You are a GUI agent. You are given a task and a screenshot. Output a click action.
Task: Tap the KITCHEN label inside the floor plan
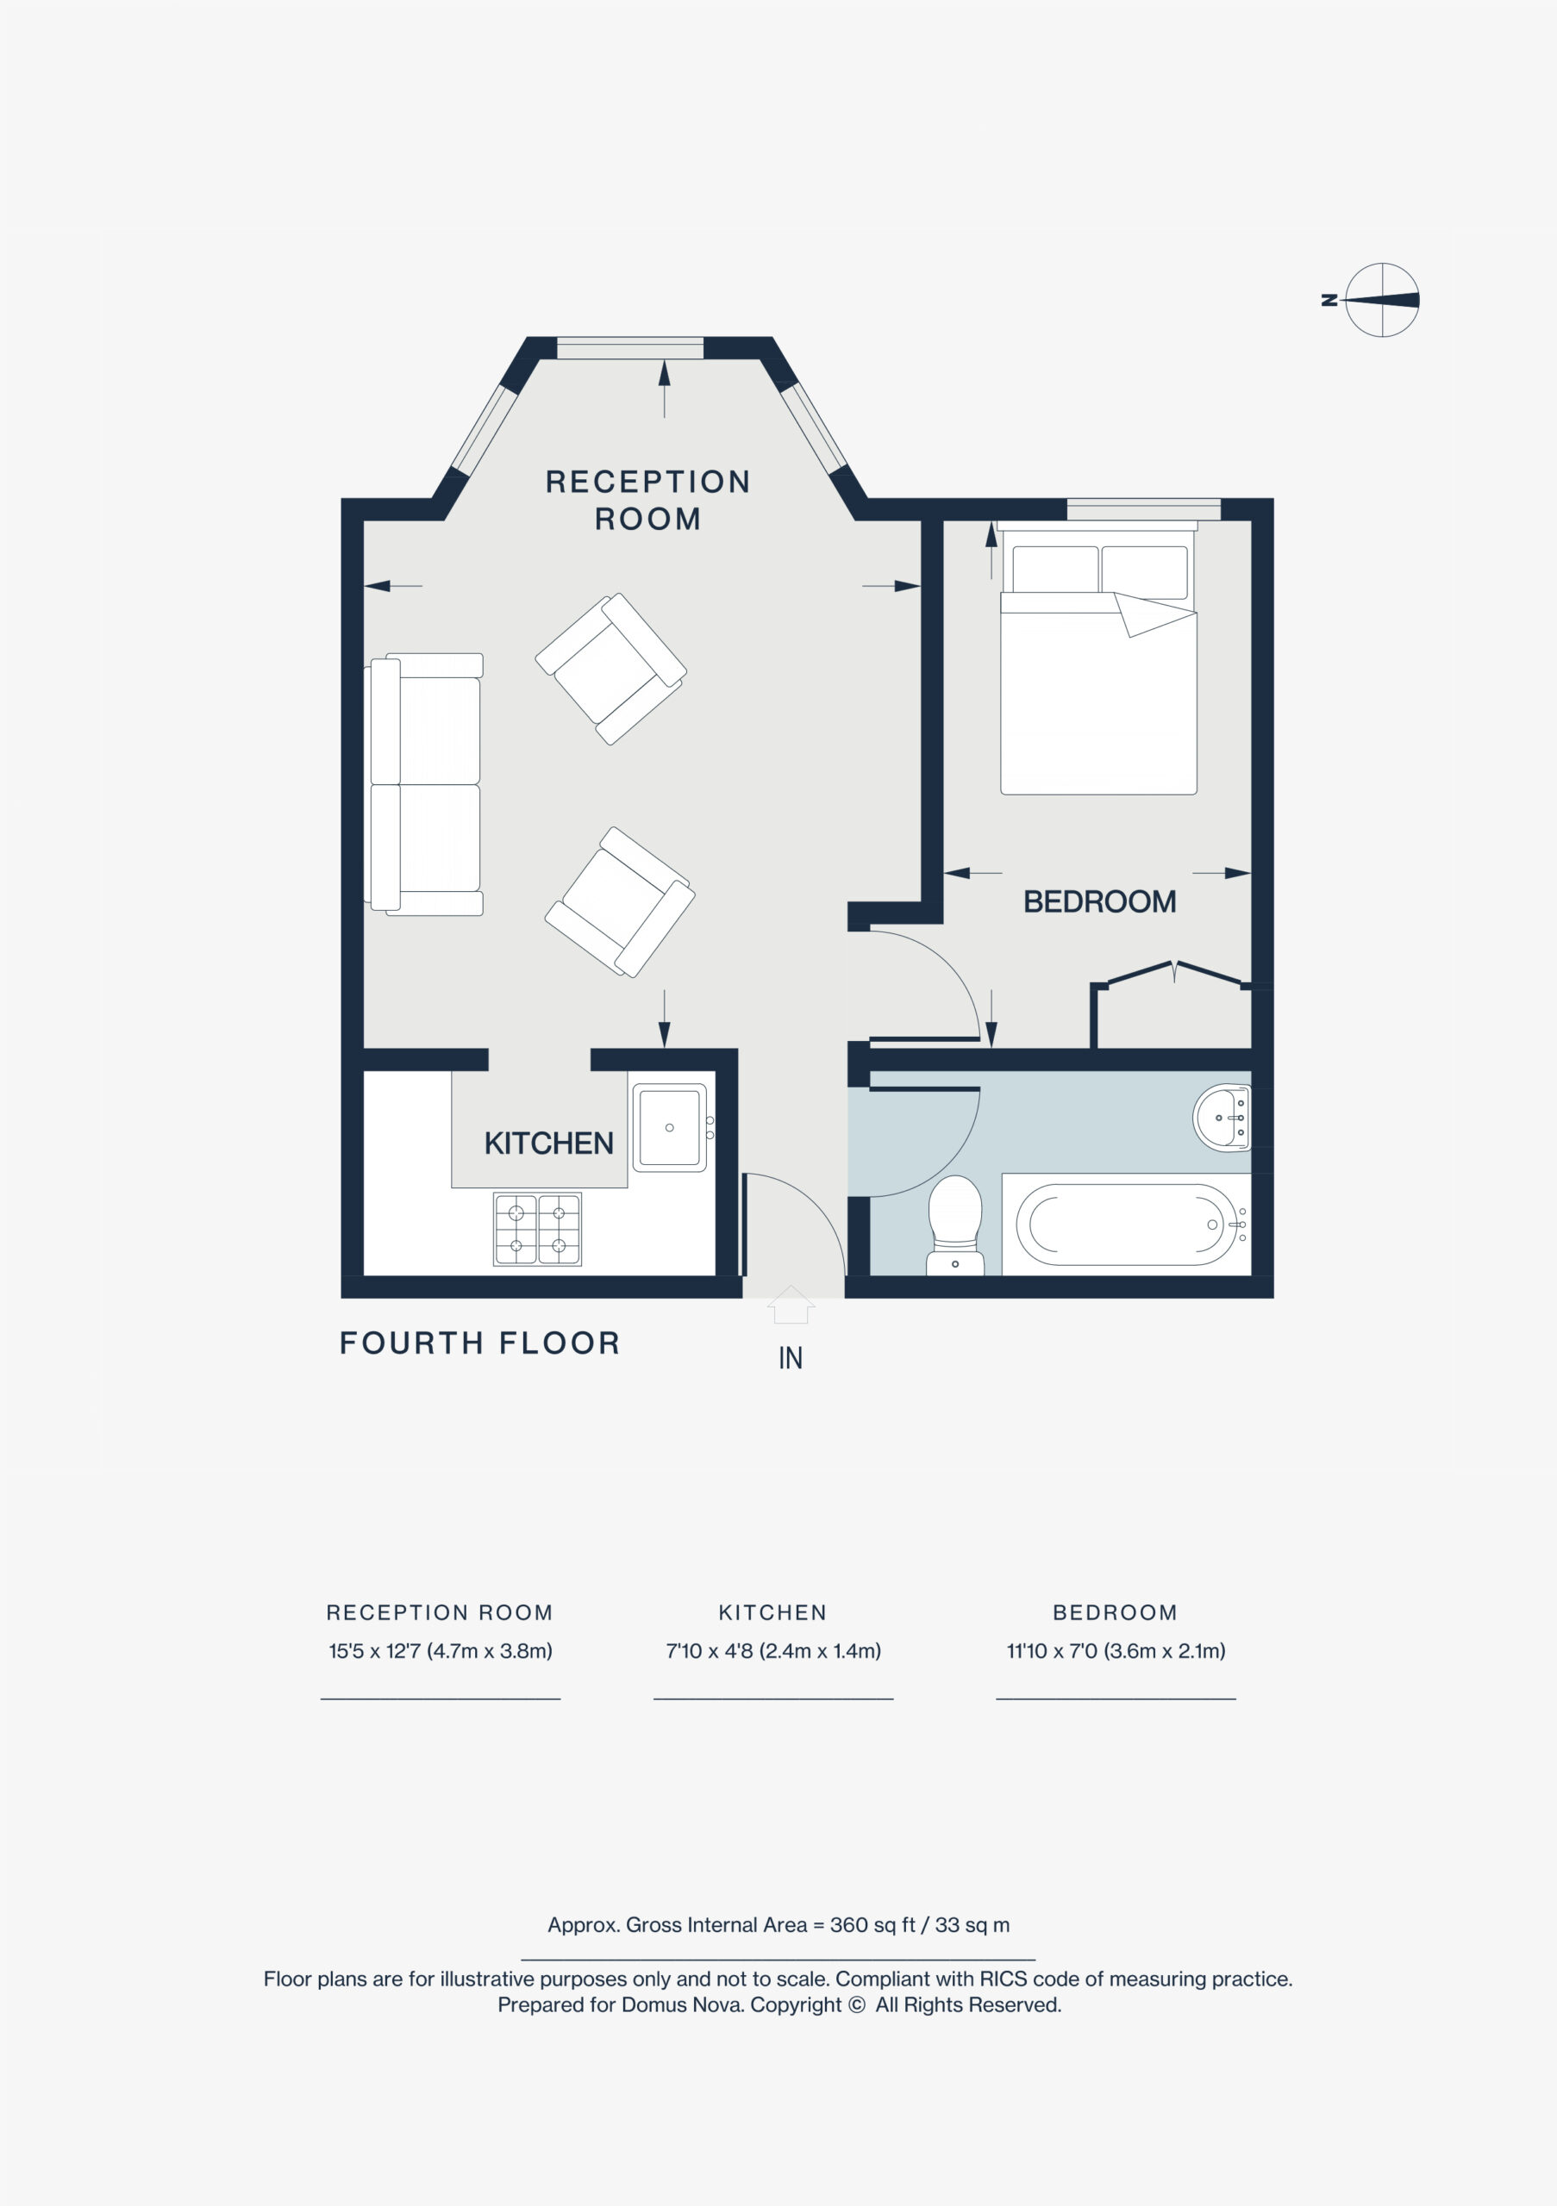[x=549, y=1144]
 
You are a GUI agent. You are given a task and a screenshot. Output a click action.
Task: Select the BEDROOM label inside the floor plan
[x=1099, y=901]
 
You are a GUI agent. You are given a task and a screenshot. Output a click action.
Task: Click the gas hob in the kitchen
[x=537, y=1229]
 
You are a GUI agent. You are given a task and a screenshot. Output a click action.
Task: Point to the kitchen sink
[x=670, y=1128]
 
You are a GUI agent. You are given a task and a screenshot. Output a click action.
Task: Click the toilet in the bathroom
[x=955, y=1225]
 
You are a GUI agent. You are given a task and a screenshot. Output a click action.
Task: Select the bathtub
[x=1127, y=1224]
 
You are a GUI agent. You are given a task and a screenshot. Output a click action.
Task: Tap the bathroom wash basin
[x=1222, y=1118]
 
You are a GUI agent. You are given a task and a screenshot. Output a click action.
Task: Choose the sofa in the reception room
[x=424, y=784]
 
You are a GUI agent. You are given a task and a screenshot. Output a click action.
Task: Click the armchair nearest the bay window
[x=611, y=669]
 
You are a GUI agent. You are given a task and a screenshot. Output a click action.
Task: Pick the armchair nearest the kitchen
[x=620, y=902]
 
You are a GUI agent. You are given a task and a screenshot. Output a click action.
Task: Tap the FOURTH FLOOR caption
[x=479, y=1343]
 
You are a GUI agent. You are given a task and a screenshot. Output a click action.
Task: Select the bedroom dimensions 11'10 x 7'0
[x=1116, y=1651]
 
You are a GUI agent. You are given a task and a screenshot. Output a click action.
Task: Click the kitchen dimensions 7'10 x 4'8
[x=772, y=1651]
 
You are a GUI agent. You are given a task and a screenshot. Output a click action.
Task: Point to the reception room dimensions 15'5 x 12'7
[x=441, y=1651]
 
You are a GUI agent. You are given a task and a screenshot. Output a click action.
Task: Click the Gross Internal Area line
[x=778, y=1924]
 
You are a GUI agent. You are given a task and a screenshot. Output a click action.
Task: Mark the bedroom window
[x=1144, y=509]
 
